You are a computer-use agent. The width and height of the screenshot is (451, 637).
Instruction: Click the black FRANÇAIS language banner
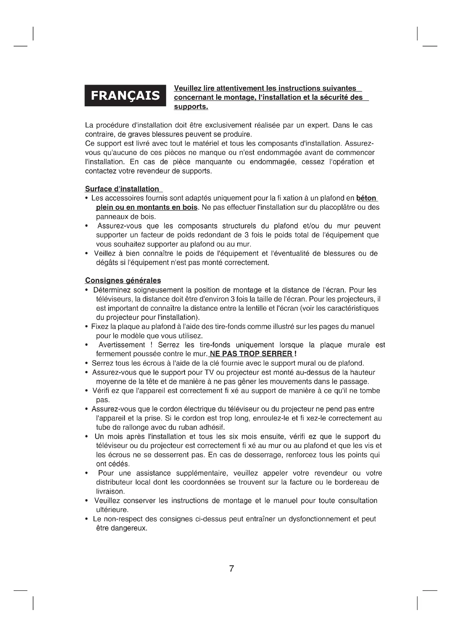click(125, 95)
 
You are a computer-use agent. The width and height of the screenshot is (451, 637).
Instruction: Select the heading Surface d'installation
click(122, 189)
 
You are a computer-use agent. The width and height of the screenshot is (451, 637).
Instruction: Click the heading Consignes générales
click(123, 281)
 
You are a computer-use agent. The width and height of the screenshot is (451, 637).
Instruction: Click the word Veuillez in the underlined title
click(187, 88)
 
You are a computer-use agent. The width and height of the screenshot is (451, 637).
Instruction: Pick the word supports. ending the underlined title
click(191, 106)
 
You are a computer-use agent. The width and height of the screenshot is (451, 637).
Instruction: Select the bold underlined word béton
click(366, 198)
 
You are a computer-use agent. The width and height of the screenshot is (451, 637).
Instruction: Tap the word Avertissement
click(122, 345)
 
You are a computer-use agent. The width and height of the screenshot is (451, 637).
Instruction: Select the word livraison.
click(110, 491)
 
